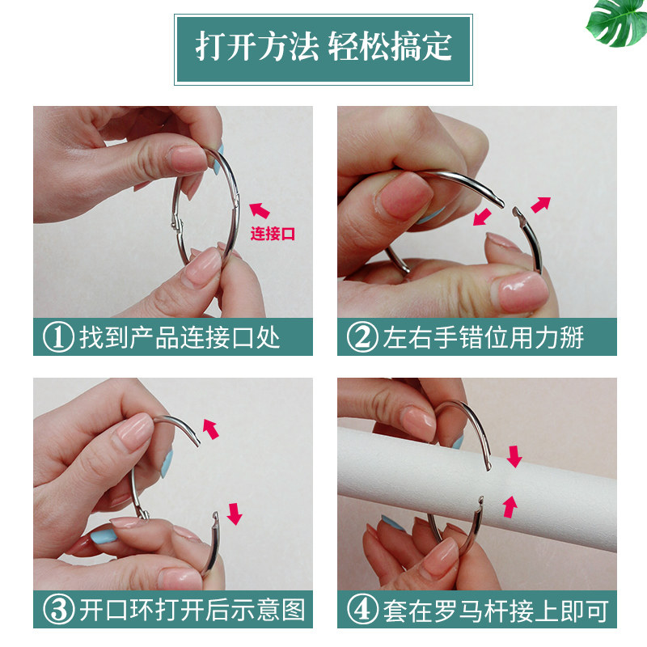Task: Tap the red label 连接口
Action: (273, 234)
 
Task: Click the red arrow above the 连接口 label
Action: (259, 210)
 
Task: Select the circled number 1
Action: (58, 337)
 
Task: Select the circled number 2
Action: (362, 337)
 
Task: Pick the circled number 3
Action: (58, 610)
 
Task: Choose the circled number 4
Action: (362, 610)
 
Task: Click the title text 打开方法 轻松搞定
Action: (323, 46)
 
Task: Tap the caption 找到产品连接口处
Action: (180, 337)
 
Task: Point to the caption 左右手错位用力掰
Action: (483, 337)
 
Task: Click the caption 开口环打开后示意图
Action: (192, 610)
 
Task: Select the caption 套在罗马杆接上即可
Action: (496, 610)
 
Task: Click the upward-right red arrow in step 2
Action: (540, 205)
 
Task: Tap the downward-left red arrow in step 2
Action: (482, 217)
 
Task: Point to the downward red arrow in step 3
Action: (235, 514)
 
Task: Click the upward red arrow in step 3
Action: (210, 429)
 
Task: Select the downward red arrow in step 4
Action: (514, 456)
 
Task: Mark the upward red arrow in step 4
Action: (510, 507)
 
